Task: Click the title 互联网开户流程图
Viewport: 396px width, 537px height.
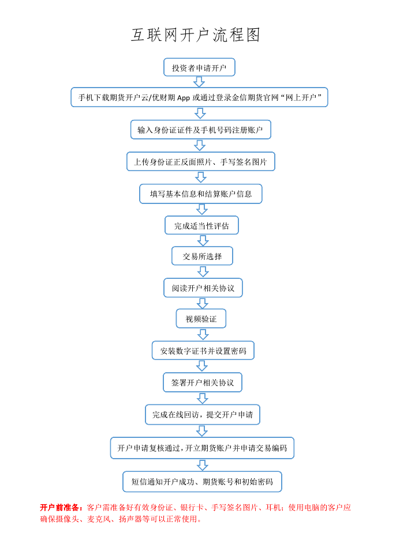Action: (x=196, y=35)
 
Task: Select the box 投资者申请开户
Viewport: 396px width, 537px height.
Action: (x=199, y=67)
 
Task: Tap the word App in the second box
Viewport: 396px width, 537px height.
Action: (x=183, y=97)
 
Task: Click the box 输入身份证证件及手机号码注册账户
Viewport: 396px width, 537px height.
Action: (x=201, y=130)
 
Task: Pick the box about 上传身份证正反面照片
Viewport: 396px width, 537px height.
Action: (x=201, y=161)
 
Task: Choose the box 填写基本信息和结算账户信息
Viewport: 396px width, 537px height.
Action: (x=201, y=194)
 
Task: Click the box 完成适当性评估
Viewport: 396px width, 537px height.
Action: (x=202, y=225)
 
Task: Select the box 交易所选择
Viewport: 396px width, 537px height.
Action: (x=202, y=256)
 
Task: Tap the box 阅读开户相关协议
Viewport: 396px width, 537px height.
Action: (x=203, y=288)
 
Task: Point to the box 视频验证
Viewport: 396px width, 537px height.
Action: (x=201, y=319)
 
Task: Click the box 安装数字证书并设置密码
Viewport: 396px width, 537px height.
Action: (x=203, y=350)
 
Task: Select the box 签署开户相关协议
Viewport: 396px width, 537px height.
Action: (x=203, y=382)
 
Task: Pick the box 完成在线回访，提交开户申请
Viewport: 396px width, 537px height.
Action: (x=203, y=415)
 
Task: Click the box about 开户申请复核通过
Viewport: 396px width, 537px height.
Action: (x=202, y=448)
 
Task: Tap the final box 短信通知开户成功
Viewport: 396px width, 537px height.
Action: (x=202, y=482)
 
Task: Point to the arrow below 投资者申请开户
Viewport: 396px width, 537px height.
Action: (x=199, y=82)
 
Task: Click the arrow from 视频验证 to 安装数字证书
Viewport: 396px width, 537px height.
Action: (x=203, y=334)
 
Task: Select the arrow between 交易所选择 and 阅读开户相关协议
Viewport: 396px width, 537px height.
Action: (x=203, y=271)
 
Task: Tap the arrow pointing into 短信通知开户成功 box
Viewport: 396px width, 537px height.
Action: (x=203, y=465)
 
